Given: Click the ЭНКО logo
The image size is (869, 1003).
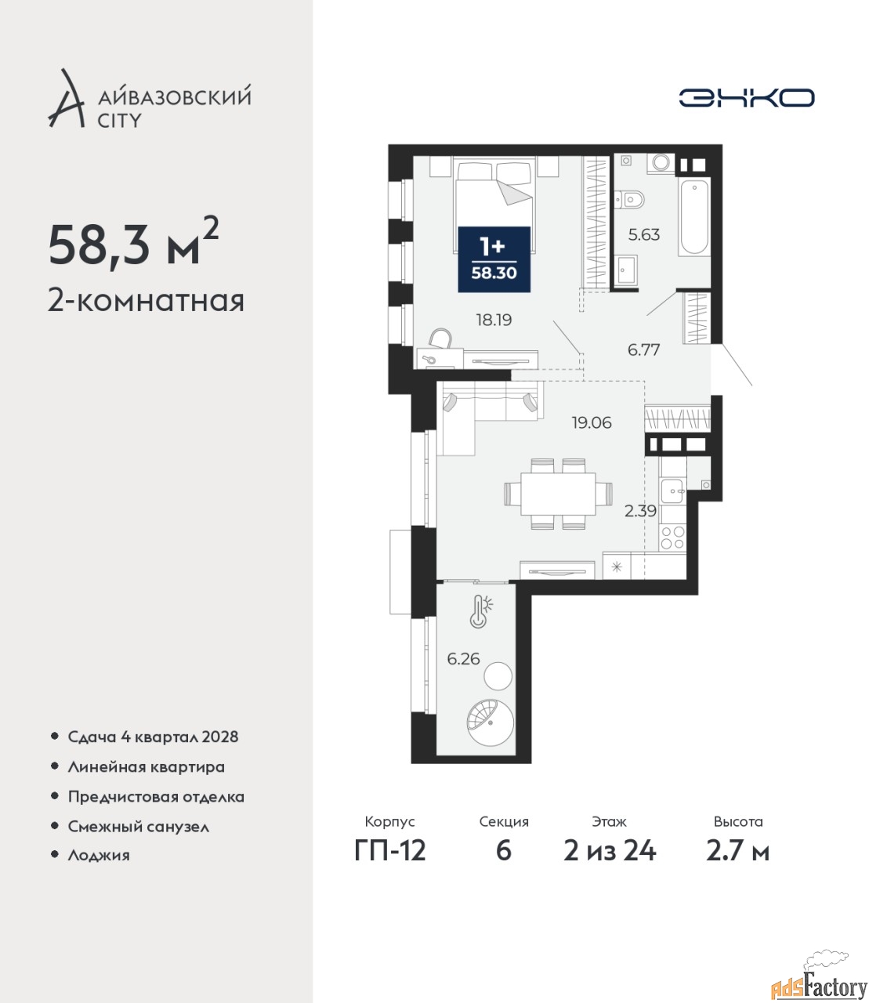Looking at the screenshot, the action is [746, 97].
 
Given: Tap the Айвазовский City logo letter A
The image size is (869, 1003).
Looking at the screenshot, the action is [67, 100].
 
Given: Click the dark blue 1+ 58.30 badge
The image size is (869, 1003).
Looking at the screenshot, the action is [494, 259].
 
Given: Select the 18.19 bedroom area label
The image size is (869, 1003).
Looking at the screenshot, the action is [494, 320].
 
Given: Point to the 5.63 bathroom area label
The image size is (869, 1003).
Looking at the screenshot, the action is [644, 235].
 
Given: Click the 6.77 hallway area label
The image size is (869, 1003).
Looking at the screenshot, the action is [643, 349].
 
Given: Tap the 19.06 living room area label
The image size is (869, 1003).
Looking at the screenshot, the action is [592, 422].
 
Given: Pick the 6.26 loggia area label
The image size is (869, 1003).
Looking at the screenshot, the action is [463, 659].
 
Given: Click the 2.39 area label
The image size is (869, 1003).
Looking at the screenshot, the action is [640, 511].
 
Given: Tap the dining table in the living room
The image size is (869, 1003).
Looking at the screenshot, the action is [559, 494].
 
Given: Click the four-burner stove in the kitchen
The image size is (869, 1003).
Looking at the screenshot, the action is [672, 538].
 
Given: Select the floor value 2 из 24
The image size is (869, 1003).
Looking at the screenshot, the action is [610, 851].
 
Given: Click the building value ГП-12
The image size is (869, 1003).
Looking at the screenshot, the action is [390, 851].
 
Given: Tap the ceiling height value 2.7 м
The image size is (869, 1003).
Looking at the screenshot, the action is [737, 851].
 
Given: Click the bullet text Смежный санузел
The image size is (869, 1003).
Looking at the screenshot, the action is [139, 827].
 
